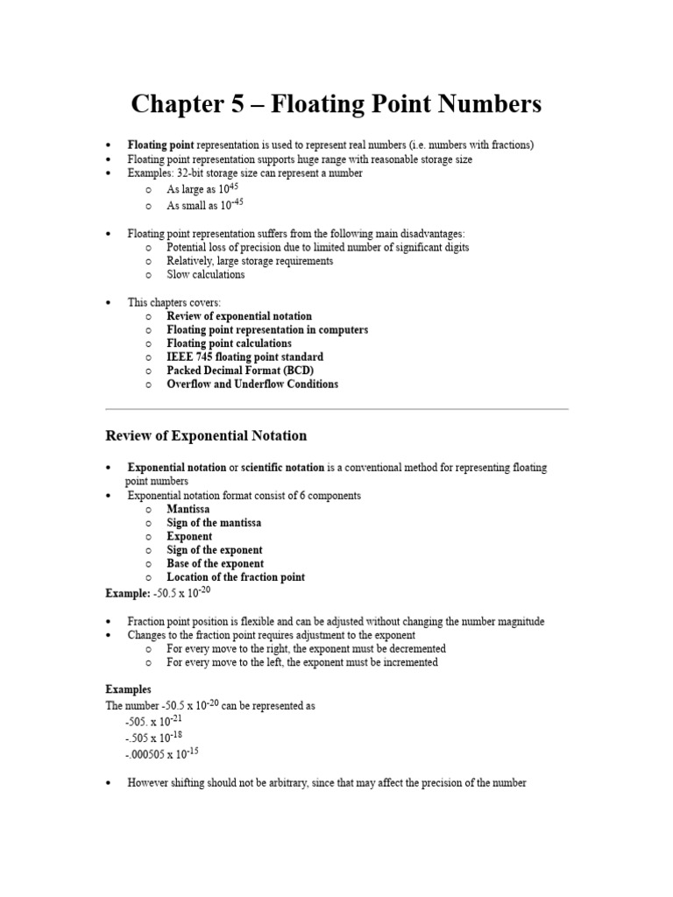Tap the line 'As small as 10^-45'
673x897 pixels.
pyautogui.click(x=204, y=205)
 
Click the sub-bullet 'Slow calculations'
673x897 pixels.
pyautogui.click(x=206, y=274)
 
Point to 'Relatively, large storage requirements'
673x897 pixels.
pyautogui.click(x=250, y=261)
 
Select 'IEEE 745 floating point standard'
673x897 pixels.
pyautogui.click(x=244, y=357)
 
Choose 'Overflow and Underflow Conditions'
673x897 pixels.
pyautogui.click(x=252, y=384)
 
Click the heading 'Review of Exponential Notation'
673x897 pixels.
pyautogui.click(x=206, y=435)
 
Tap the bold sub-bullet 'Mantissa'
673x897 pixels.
pyautogui.click(x=188, y=509)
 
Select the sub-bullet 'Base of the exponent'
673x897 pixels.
pyautogui.click(x=215, y=563)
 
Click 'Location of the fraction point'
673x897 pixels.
pyautogui.click(x=236, y=577)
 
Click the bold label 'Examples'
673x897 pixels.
pyautogui.click(x=129, y=689)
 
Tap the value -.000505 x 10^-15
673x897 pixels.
pyautogui.click(x=162, y=753)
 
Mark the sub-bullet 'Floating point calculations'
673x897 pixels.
pyautogui.click(x=229, y=343)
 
